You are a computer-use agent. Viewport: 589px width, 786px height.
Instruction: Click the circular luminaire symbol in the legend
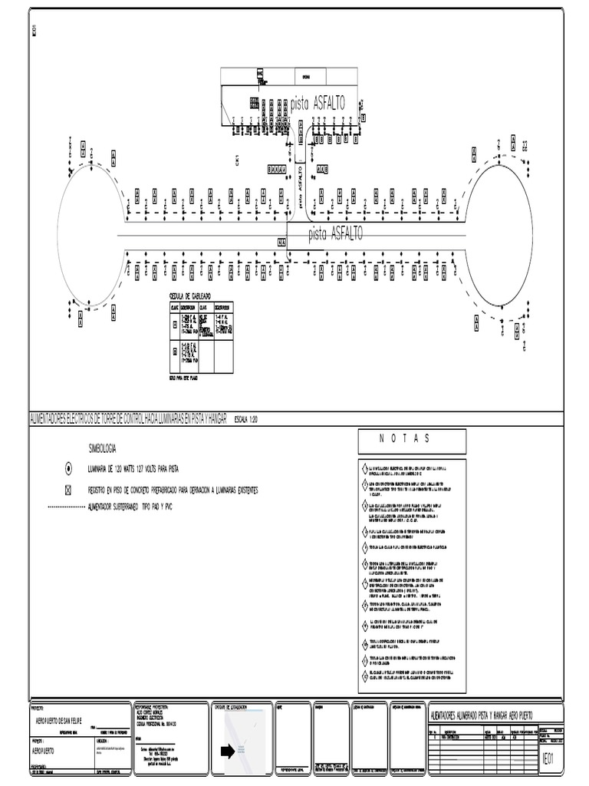click(68, 467)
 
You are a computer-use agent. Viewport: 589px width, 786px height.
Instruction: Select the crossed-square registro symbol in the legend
click(68, 489)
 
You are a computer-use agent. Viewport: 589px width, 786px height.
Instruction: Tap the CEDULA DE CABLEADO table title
click(189, 296)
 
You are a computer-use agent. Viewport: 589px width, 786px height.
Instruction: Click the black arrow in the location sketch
click(228, 751)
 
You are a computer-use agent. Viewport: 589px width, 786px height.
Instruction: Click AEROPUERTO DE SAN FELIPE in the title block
click(65, 719)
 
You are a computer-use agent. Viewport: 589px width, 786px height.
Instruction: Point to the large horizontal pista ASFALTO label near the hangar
click(318, 103)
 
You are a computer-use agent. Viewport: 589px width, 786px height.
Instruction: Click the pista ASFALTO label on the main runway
click(335, 233)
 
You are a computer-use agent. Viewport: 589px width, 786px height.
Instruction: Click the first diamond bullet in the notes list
click(364, 468)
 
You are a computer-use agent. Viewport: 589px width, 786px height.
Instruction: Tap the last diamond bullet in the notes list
click(364, 676)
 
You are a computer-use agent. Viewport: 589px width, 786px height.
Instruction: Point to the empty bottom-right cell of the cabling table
click(223, 355)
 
